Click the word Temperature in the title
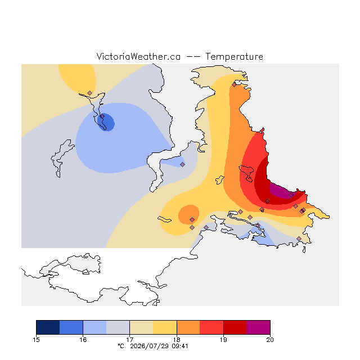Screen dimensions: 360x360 click(x=234, y=57)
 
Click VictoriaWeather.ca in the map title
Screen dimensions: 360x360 click(x=138, y=57)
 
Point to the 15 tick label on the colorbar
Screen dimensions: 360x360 click(x=36, y=340)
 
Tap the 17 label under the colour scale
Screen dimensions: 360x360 click(x=130, y=340)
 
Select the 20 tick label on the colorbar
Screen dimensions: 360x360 click(x=270, y=340)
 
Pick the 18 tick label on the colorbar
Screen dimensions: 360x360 click(x=177, y=340)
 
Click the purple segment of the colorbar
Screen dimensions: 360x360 click(x=258, y=327)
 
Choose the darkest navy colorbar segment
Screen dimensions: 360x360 click(x=48, y=327)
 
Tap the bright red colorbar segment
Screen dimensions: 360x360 click(x=211, y=327)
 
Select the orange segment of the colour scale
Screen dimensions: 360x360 click(x=188, y=327)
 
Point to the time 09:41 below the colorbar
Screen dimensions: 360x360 click(x=180, y=346)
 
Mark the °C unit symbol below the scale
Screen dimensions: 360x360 click(x=121, y=346)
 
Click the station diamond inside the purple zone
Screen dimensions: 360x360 click(x=291, y=195)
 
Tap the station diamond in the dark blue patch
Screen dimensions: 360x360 click(x=102, y=116)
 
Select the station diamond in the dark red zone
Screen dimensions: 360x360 click(x=268, y=201)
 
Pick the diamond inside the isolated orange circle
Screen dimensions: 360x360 click(x=192, y=220)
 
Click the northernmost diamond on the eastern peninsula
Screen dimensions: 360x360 click(x=234, y=85)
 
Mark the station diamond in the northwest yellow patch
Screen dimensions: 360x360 click(x=90, y=93)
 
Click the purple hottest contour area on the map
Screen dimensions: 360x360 click(x=281, y=191)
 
